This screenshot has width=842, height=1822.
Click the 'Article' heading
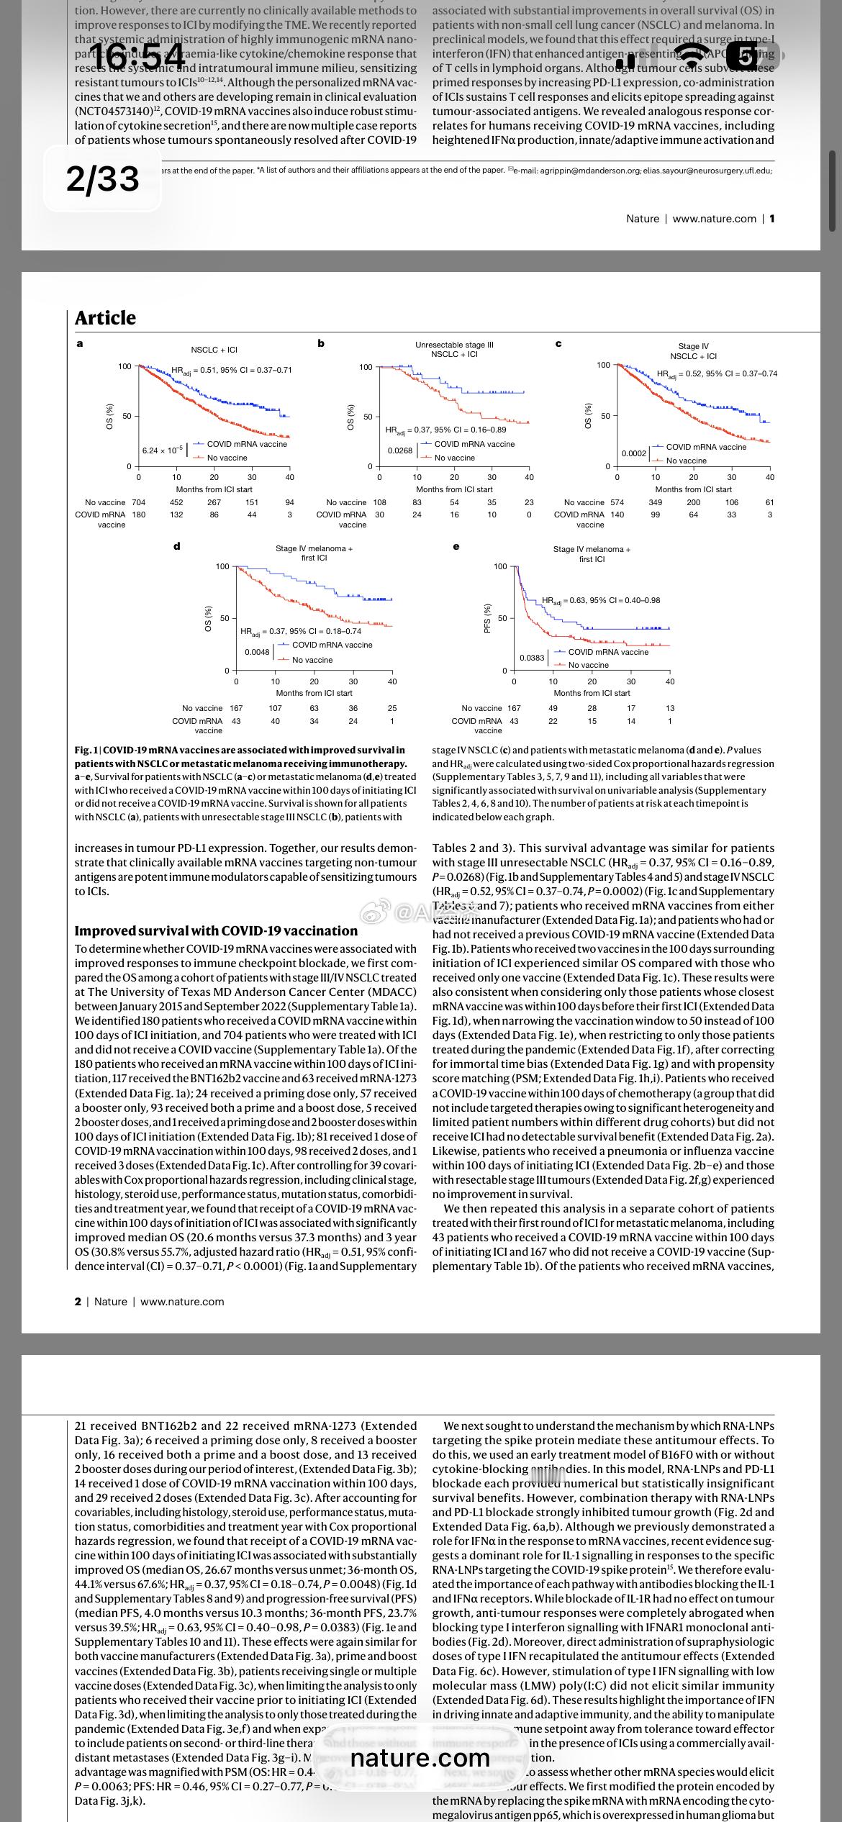105,318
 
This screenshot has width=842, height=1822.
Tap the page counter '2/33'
102,178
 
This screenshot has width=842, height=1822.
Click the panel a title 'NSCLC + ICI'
214,350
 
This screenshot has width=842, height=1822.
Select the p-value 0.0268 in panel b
400,450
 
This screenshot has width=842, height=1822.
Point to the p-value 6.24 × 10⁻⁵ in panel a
160,450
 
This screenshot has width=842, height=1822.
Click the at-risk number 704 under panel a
138,502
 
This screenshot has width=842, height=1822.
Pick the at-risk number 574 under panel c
617,502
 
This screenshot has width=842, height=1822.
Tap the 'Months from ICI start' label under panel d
314,693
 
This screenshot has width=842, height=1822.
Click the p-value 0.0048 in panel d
257,652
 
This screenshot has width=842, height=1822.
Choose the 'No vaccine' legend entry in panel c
686,461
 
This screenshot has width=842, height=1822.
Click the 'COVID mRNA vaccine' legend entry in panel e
608,652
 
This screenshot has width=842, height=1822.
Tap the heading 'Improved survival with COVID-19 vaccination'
217,930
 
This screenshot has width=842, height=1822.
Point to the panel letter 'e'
456,546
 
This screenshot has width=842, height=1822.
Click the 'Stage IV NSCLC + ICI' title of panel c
693,351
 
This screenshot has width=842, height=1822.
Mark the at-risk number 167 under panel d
236,708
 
